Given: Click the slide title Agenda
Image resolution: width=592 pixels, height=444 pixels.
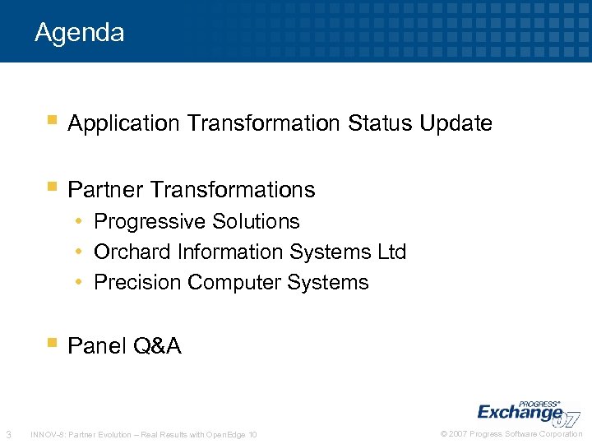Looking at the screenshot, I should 80,33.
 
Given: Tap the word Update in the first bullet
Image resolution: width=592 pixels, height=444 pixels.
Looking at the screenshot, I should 456,124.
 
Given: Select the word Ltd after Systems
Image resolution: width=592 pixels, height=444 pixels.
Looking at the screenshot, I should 391,252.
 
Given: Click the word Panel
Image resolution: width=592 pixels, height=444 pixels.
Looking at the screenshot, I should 93,346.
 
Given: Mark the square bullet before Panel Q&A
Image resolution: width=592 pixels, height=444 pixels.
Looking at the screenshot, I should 52,343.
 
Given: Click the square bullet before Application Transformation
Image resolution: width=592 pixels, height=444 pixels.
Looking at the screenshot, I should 52,121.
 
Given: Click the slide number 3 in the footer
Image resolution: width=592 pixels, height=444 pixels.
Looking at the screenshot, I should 8,434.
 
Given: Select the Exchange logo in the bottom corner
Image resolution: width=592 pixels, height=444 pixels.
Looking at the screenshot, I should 526,410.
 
